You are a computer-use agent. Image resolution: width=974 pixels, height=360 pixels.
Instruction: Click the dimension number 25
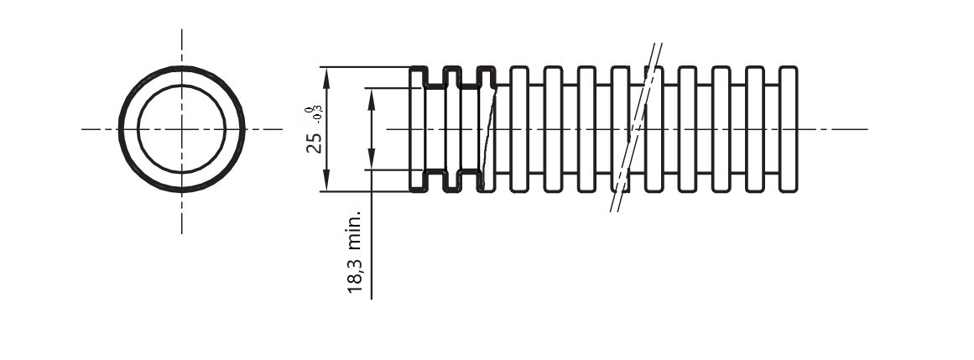pos(314,142)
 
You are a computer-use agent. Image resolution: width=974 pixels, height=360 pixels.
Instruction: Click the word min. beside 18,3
pos(356,230)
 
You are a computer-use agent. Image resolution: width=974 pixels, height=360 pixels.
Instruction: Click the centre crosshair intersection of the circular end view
pos(181,129)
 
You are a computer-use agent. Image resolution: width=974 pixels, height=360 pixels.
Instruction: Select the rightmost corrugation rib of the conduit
pos(789,128)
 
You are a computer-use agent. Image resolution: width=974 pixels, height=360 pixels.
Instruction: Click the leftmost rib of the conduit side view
pos(417,128)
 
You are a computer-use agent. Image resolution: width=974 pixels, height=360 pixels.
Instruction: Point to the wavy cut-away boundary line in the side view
pos(487,130)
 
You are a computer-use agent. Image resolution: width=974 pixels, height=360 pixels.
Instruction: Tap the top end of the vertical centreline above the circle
pos(181,30)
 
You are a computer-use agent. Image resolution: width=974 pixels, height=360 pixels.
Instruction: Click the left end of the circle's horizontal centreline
pos(83,129)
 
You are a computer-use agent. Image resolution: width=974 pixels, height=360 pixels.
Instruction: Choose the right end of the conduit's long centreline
pos(866,129)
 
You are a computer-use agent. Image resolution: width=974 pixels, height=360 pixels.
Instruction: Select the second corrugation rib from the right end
pos(754,128)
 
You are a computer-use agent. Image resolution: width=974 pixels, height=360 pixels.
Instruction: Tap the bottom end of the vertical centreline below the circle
pos(181,232)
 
